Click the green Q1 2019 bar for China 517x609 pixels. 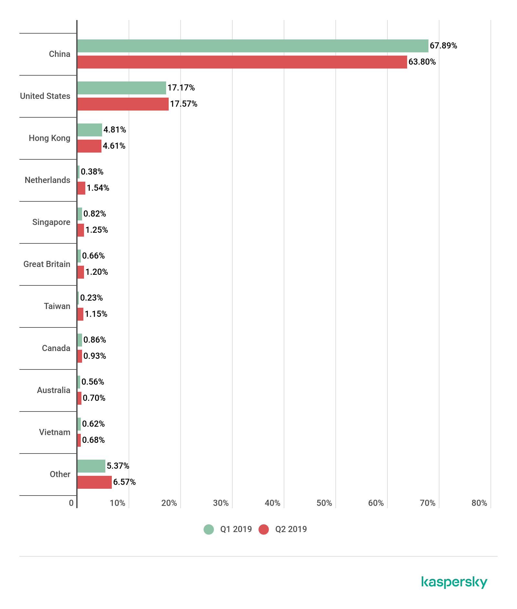(253, 46)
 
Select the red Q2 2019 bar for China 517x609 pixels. (242, 62)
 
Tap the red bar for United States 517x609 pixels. (123, 104)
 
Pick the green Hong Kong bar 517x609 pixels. (90, 130)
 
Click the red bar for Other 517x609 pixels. (94, 482)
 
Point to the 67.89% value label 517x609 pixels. (443, 46)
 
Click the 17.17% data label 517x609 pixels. (181, 88)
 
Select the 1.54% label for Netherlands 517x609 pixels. (98, 188)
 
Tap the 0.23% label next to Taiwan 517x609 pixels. (91, 298)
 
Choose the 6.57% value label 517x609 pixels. (124, 482)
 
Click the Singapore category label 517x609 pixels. (51, 222)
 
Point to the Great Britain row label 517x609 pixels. (47, 264)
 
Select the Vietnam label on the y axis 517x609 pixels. (55, 432)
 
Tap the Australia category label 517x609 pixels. (54, 390)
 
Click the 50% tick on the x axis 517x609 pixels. (324, 503)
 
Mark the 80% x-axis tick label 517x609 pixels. (479, 503)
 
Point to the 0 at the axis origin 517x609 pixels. (71, 503)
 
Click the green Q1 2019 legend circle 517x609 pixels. (209, 529)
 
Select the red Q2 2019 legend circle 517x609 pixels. (264, 529)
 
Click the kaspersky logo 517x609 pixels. (454, 582)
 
